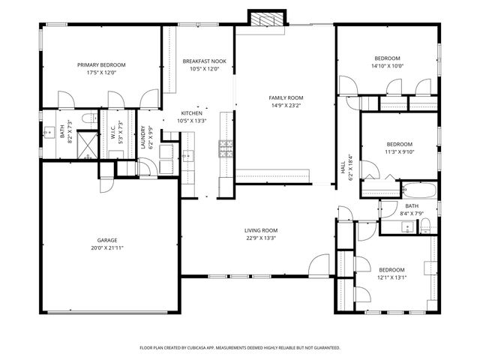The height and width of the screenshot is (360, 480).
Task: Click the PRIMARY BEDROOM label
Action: tap(101, 65)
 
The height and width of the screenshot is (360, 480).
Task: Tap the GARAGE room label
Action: tap(106, 240)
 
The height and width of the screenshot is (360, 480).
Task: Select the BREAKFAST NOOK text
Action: tap(204, 61)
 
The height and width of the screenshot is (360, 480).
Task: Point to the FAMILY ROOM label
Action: tap(286, 97)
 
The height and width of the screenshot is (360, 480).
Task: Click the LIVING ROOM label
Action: tap(261, 230)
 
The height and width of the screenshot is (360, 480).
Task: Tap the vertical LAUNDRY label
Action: tap(143, 137)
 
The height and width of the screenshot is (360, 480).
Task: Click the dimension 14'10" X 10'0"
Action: tap(387, 66)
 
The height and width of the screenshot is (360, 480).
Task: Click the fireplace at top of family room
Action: tap(268, 19)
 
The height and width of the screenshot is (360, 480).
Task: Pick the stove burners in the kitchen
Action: tap(224, 148)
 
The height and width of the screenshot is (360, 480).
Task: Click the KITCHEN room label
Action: tap(192, 112)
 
